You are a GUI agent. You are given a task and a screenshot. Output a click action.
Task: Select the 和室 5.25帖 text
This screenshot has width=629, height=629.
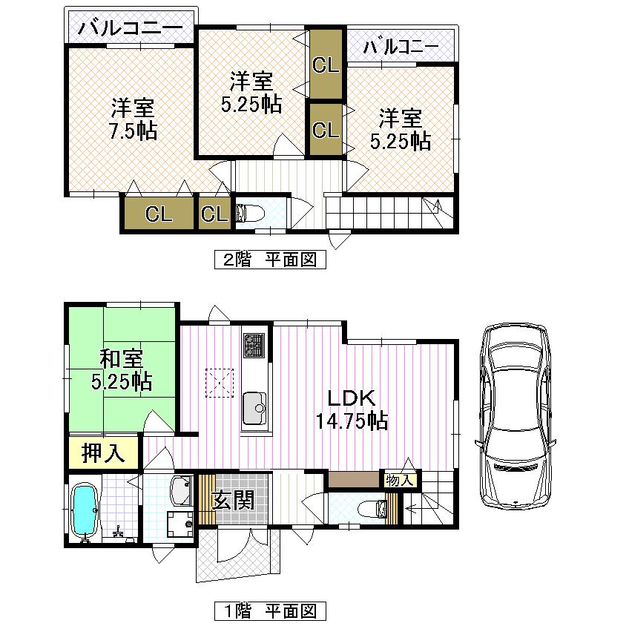(x=122, y=371)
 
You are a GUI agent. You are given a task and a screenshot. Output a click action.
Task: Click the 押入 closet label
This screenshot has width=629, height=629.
(x=103, y=452)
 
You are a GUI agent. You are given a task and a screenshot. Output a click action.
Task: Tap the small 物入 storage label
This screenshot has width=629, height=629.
(x=400, y=481)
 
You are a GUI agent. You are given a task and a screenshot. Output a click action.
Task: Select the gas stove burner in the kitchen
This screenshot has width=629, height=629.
(x=253, y=345)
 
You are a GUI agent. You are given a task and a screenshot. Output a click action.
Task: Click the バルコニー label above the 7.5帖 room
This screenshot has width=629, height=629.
(x=130, y=30)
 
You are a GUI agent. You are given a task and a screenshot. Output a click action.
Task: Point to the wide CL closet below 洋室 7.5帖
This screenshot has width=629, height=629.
(x=159, y=214)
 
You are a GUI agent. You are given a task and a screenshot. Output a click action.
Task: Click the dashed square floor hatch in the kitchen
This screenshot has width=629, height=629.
(x=220, y=382)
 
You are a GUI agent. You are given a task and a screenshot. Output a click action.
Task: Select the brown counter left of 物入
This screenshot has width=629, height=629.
(x=354, y=479)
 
